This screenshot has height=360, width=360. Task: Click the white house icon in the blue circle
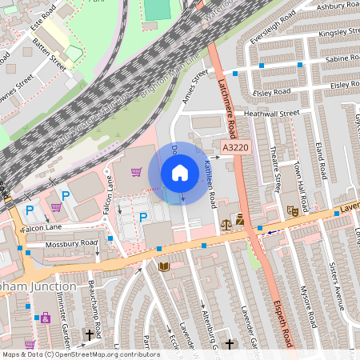coord(180,173)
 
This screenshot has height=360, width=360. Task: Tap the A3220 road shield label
coord(237,149)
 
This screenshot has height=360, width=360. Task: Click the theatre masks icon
coord(292,211)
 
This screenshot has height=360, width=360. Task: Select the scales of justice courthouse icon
coord(226,224)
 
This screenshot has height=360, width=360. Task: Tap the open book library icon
coord(164,266)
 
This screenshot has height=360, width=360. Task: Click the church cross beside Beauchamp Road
coord(90,334)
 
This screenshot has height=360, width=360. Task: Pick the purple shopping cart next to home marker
coord(136,171)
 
